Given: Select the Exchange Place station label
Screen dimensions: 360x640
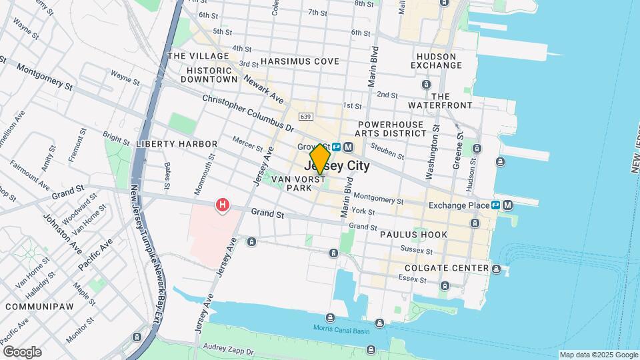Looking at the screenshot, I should pyautogui.click(x=459, y=205).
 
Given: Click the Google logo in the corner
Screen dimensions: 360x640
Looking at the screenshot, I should pyautogui.click(x=22, y=351).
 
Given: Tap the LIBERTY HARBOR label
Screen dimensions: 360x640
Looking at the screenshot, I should pyautogui.click(x=177, y=144).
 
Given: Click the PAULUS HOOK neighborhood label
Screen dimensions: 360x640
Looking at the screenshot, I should pyautogui.click(x=413, y=235).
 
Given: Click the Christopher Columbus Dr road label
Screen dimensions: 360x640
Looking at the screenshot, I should pyautogui.click(x=248, y=111).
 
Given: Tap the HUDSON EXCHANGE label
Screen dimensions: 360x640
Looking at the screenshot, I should pyautogui.click(x=437, y=61).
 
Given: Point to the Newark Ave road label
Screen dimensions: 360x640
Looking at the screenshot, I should pyautogui.click(x=264, y=89).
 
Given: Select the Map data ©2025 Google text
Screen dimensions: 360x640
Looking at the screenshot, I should pyautogui.click(x=598, y=355).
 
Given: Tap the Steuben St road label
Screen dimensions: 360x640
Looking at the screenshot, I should pyautogui.click(x=389, y=151).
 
